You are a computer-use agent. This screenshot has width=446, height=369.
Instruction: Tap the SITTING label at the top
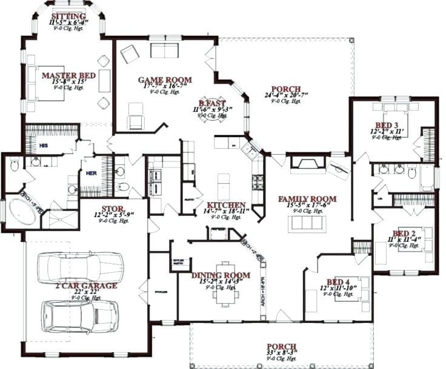tap(68, 16)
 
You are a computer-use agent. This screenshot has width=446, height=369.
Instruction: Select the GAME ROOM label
tap(165, 80)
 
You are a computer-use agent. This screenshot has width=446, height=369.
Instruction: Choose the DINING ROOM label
tap(221, 275)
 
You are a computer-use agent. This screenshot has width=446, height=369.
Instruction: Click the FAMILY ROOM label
tap(307, 198)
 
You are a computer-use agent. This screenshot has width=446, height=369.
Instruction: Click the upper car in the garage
tap(72, 267)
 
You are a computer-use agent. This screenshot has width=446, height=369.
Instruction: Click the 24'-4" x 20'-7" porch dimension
tap(286, 95)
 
